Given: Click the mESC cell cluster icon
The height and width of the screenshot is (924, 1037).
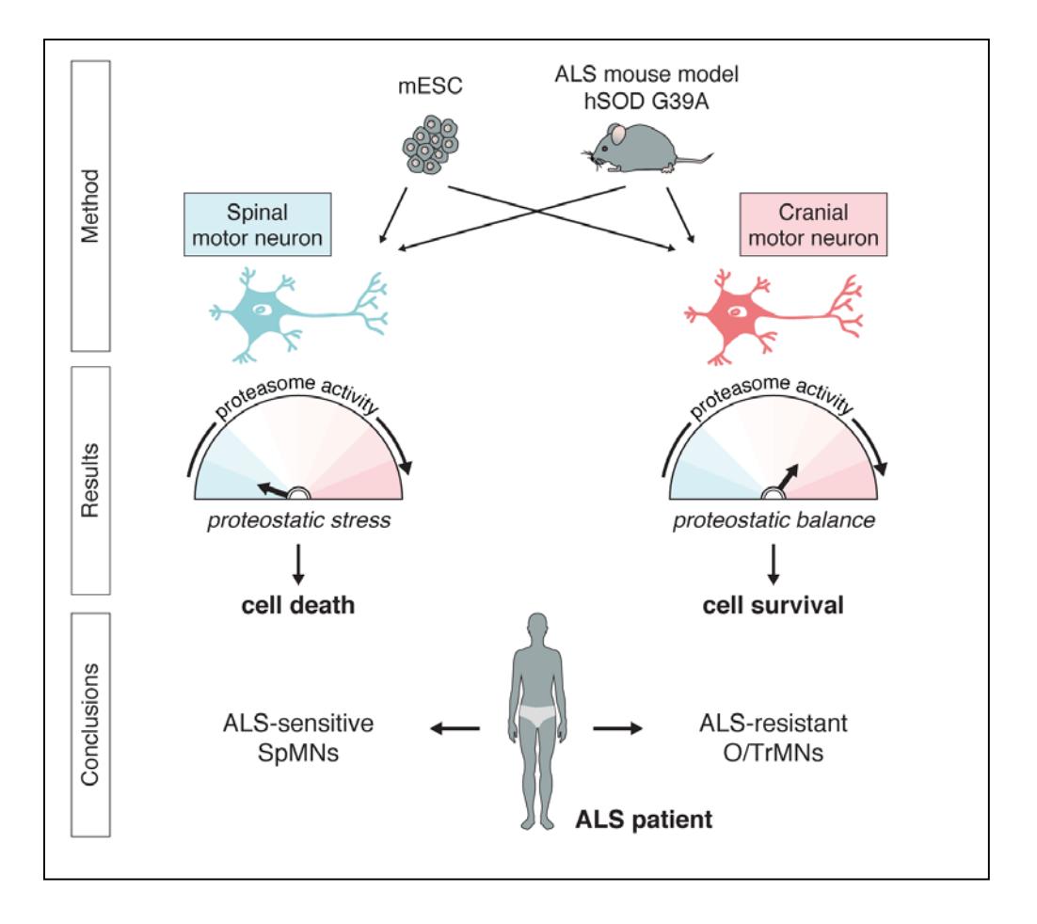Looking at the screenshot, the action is click(x=431, y=145).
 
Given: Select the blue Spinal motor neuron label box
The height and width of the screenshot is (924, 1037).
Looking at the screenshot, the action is click(x=257, y=224).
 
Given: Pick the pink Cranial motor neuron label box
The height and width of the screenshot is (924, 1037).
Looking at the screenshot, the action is click(x=813, y=224).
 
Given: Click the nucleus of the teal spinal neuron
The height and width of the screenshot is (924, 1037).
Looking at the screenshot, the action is click(x=263, y=309).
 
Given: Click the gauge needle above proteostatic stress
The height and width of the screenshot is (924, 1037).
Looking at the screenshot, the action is click(x=273, y=490).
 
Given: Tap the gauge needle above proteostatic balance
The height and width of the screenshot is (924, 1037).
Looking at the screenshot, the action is click(x=787, y=478).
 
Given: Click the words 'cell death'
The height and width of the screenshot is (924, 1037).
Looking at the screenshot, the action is click(x=297, y=605).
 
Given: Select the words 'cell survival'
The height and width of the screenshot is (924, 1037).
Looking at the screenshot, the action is click(x=773, y=605).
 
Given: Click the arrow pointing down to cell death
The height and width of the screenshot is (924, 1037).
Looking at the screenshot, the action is click(x=298, y=565).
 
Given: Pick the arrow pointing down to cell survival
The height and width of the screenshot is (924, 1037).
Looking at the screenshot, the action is click(x=773, y=565).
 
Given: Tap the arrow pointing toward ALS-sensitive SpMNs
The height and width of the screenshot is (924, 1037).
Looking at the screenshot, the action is click(x=455, y=729).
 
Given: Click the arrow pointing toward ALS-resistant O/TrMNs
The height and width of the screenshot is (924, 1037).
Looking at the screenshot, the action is click(x=617, y=729).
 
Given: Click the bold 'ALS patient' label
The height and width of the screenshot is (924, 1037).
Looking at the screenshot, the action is click(x=644, y=820).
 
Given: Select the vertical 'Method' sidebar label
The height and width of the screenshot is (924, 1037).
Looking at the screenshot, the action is click(x=90, y=206).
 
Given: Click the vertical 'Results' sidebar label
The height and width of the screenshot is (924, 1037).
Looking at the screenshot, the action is click(x=90, y=480).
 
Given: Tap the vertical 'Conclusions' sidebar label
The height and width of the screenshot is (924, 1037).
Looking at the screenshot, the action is click(x=90, y=725).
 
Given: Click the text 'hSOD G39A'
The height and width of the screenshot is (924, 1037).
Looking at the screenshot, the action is click(x=646, y=102).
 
